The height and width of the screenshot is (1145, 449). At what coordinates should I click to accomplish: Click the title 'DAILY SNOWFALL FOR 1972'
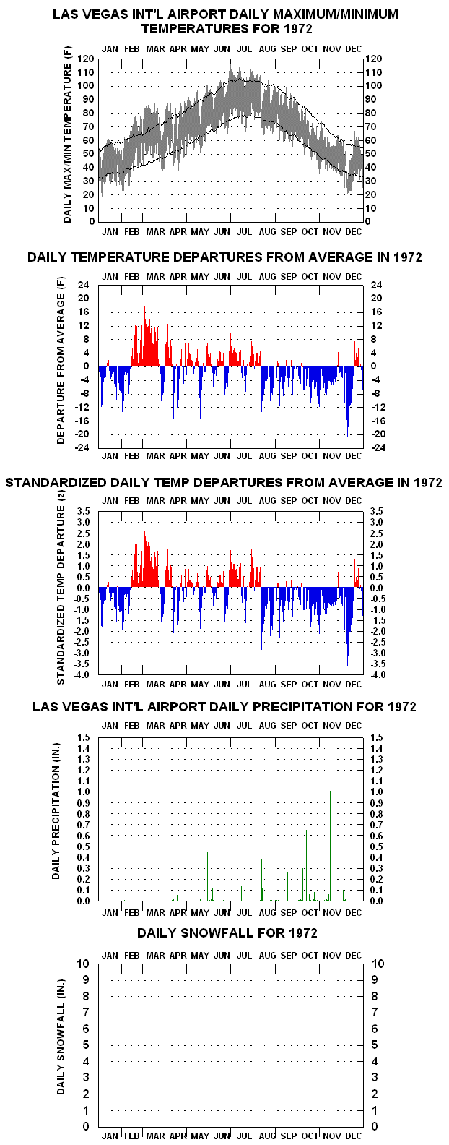tap(227, 933)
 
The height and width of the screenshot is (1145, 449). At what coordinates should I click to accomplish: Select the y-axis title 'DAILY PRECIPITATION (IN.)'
tap(56, 811)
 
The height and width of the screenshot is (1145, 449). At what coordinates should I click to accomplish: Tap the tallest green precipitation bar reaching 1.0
tap(330, 846)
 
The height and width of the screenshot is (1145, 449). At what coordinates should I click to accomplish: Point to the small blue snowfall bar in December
tap(344, 1123)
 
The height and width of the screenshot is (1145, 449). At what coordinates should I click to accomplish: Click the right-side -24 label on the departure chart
tap(378, 447)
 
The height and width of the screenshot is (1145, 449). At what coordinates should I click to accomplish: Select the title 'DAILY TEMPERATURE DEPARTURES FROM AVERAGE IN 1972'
tap(224, 257)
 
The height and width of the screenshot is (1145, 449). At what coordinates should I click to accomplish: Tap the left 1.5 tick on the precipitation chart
tap(84, 737)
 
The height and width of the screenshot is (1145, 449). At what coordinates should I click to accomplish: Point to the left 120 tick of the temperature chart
tap(86, 59)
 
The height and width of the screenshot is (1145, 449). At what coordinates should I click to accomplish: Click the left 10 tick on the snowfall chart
tap(83, 964)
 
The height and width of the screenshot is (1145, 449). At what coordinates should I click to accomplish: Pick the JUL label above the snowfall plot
tap(245, 956)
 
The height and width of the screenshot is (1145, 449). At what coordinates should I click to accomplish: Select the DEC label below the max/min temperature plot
tap(353, 231)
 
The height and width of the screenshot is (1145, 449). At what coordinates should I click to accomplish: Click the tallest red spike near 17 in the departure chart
tap(145, 336)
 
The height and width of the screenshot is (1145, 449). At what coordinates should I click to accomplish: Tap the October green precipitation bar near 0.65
tap(306, 865)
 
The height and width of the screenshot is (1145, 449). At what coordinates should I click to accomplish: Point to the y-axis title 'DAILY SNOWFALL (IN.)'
tap(61, 1037)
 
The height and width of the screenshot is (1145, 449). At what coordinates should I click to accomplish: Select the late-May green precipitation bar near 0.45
tap(208, 876)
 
